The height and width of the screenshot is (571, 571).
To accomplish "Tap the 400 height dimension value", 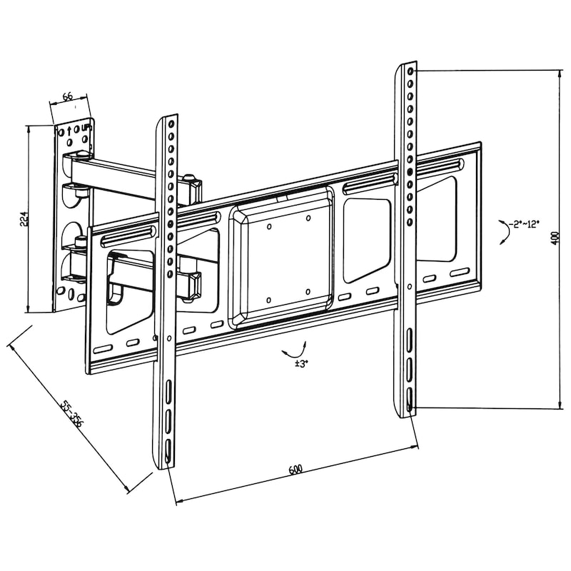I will tap(555, 237).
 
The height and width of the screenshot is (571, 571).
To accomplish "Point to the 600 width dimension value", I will tap(295, 470).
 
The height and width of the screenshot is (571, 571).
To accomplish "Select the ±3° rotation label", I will tap(301, 364).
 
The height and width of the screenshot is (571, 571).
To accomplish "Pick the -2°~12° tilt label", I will tap(529, 225).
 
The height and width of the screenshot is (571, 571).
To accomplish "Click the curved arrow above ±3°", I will tap(294, 349).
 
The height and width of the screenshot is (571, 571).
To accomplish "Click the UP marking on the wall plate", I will tap(86, 128).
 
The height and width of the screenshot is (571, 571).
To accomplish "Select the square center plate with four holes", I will tap(282, 258).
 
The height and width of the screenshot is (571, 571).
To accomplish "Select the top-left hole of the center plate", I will tap(269, 227).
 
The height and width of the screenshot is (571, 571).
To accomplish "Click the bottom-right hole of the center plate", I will tap(306, 292).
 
